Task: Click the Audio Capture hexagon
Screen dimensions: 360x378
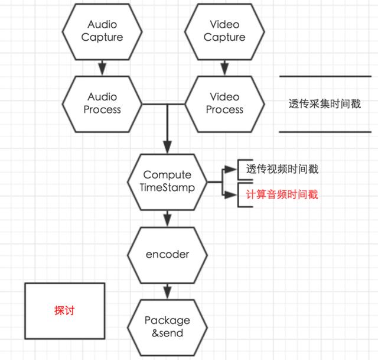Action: (102, 31)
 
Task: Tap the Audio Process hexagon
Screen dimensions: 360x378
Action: (102, 103)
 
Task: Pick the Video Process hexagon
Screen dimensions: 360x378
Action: (224, 103)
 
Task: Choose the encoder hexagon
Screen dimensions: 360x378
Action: (168, 255)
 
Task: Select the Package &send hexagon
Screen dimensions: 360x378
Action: (168, 327)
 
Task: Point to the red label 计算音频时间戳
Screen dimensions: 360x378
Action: (282, 194)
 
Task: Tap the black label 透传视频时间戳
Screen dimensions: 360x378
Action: (282, 170)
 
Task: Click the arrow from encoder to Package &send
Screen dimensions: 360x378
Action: (168, 290)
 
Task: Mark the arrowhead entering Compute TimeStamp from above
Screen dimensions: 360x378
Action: (168, 148)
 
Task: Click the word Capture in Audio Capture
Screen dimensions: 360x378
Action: (102, 37)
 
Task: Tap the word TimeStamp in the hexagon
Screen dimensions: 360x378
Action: (168, 187)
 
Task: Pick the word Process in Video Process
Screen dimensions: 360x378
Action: (224, 109)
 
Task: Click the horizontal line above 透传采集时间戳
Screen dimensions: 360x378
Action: (325, 77)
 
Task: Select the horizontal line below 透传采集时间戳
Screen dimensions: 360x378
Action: (325, 132)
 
